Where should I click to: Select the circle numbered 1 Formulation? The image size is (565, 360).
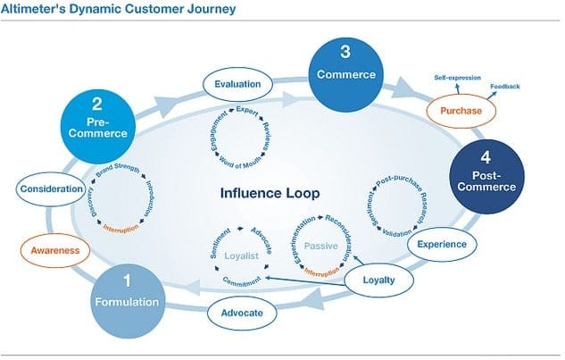point(127,295)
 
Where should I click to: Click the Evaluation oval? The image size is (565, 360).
point(237,85)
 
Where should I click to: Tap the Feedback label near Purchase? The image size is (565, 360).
point(504,87)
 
